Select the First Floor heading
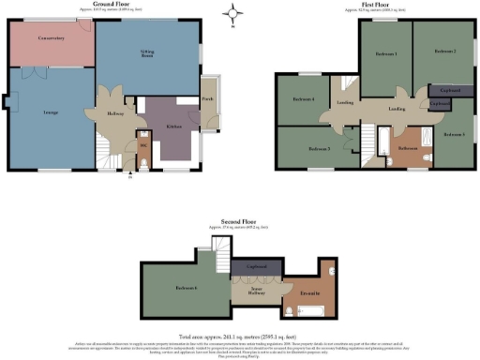(x=376, y=5)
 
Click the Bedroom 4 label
(x=303, y=99)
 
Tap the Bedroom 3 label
(x=320, y=148)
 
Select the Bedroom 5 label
(x=454, y=135)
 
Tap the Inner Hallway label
(x=255, y=291)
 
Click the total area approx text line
(x=240, y=336)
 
